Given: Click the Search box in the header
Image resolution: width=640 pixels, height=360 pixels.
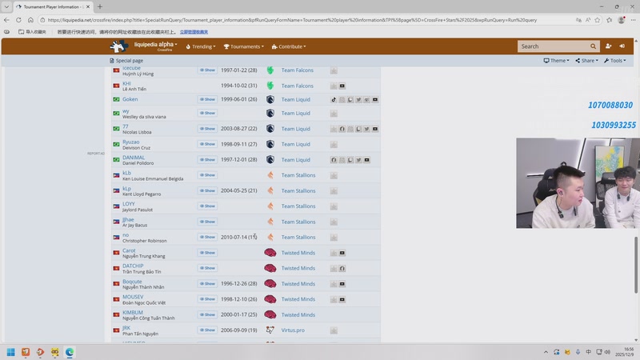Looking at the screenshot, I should (x=553, y=46).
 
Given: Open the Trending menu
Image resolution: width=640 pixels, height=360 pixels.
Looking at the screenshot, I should (x=201, y=46).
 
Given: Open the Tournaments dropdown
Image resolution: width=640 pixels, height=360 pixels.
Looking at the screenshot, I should (x=243, y=46).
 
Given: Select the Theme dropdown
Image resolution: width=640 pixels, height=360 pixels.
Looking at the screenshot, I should (x=557, y=61).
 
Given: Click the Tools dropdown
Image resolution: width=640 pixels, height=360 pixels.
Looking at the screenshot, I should (x=615, y=61).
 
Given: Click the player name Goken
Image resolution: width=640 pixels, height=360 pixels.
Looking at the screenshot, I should (x=130, y=99).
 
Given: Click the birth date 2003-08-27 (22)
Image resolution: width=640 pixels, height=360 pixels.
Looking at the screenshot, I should (x=238, y=129).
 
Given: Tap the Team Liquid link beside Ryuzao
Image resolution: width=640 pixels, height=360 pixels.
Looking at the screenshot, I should (x=295, y=144).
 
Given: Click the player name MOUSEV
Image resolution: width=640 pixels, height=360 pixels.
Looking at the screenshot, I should (x=133, y=297).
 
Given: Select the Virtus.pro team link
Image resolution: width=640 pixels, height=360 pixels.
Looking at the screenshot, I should (x=293, y=330).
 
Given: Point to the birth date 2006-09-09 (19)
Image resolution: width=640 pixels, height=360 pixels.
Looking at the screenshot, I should (x=238, y=330).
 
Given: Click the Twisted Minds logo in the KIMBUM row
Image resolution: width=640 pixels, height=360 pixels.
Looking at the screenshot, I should (x=270, y=315).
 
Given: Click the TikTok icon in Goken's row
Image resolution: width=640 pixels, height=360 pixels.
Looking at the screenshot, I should (x=334, y=100).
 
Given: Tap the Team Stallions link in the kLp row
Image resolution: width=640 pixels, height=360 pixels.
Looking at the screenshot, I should (x=298, y=191).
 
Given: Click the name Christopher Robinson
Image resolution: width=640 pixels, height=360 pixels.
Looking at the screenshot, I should (x=144, y=241).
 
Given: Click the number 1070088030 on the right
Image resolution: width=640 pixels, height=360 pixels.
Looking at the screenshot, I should (x=610, y=106).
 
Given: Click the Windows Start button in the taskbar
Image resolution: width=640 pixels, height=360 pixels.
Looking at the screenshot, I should (x=11, y=352).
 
